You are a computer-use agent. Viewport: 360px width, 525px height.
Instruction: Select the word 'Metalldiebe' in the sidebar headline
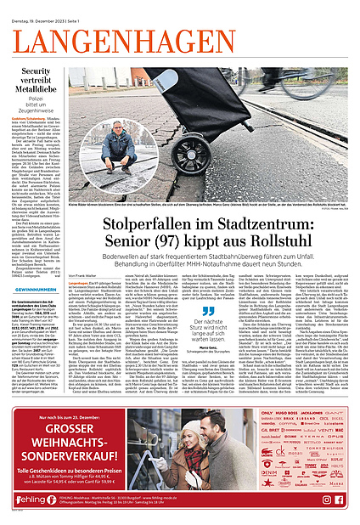pos(37,96)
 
